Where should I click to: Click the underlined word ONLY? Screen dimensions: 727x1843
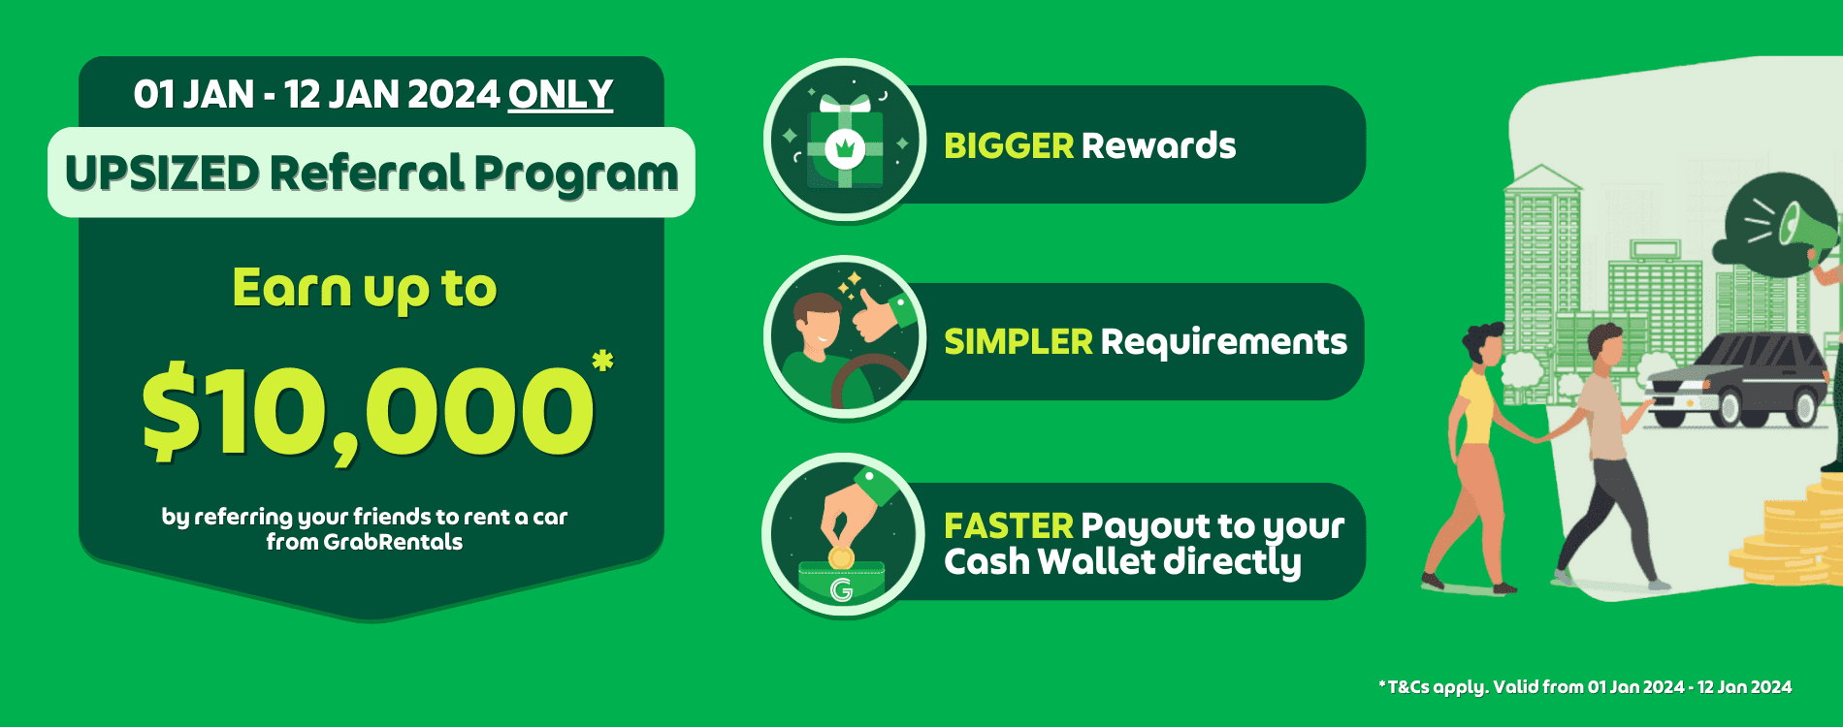[x=561, y=95]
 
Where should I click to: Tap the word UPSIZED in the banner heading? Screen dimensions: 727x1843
[x=162, y=174]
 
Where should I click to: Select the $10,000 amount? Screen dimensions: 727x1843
[x=368, y=412]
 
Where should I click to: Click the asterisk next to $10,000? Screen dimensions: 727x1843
[x=602, y=363]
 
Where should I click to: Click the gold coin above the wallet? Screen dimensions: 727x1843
[x=841, y=558]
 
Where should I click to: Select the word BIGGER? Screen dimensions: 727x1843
[x=1008, y=146]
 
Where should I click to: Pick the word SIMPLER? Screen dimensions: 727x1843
[x=1018, y=342]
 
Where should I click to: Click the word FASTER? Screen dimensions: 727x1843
[x=1008, y=526]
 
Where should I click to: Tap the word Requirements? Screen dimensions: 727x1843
[x=1223, y=342]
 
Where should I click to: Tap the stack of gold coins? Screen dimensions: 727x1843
[x=1790, y=543]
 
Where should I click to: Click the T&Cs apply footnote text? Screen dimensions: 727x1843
[x=1585, y=687]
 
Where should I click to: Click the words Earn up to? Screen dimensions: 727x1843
[x=365, y=289]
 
